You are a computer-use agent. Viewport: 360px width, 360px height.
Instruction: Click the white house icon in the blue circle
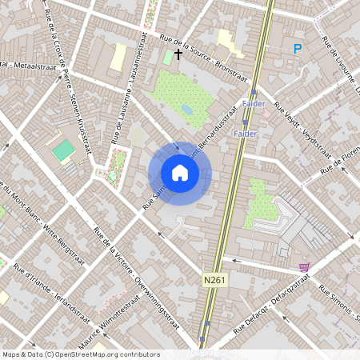[180, 173]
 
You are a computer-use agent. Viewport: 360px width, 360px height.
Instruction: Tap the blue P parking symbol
[298, 50]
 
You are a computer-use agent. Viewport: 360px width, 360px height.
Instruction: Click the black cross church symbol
[178, 55]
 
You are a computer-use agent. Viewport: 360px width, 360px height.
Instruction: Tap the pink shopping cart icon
[304, 266]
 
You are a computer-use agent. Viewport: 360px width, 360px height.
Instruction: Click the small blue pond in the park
[186, 109]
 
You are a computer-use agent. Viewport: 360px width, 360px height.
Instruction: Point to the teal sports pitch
[63, 150]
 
